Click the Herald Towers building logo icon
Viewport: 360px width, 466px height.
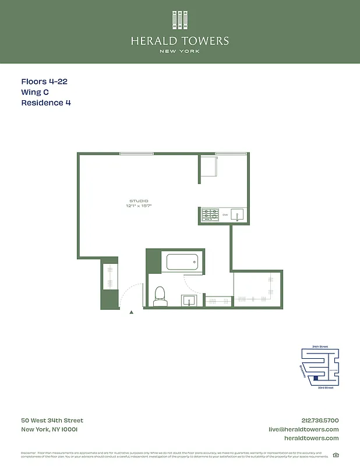coord(180,20)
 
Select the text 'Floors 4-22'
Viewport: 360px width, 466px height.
coord(44,82)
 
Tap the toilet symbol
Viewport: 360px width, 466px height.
coord(160,296)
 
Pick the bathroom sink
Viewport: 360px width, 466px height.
coord(189,301)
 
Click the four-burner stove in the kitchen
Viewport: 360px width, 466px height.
coord(210,215)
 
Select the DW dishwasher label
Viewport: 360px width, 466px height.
coord(225,215)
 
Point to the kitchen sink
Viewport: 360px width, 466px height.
coord(238,215)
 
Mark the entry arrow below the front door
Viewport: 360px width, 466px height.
coord(131,313)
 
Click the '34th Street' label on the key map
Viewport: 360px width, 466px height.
coord(320,347)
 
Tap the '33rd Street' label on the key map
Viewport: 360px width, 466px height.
coord(324,387)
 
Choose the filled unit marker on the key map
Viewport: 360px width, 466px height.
coord(316,378)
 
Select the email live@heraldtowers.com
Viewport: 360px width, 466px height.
coord(303,429)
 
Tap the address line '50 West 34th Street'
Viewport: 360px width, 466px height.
coord(52,421)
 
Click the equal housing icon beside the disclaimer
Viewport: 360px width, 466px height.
coord(336,455)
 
